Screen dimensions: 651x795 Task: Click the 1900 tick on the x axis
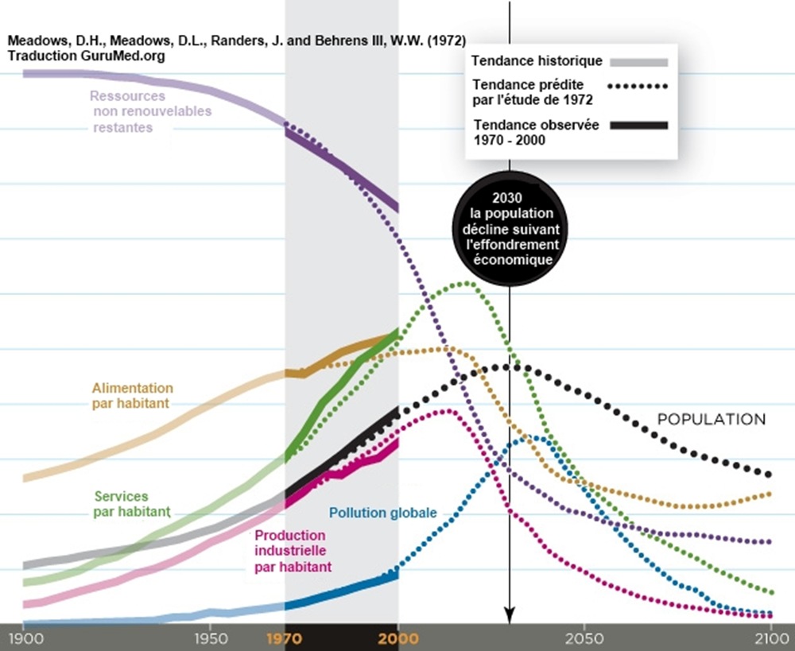[23, 637]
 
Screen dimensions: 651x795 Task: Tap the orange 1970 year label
[285, 637]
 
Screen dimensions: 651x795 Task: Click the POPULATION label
[711, 420]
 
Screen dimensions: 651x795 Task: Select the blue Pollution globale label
[382, 513]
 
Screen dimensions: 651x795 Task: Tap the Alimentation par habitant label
[132, 395]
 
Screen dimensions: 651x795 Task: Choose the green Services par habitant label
[132, 504]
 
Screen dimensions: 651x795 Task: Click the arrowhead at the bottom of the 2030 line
[510, 614]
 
